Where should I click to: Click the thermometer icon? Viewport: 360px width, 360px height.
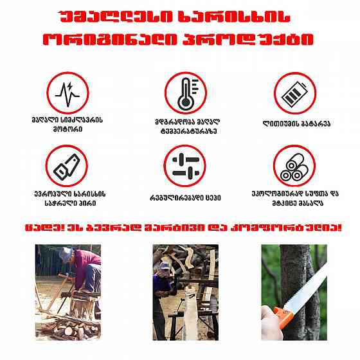(185, 93)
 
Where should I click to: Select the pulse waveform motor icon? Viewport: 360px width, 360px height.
(66, 93)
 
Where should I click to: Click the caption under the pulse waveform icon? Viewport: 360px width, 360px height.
(66, 123)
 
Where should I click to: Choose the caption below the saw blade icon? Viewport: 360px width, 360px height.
(66, 197)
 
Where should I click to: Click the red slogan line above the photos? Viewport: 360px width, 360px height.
(180, 228)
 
